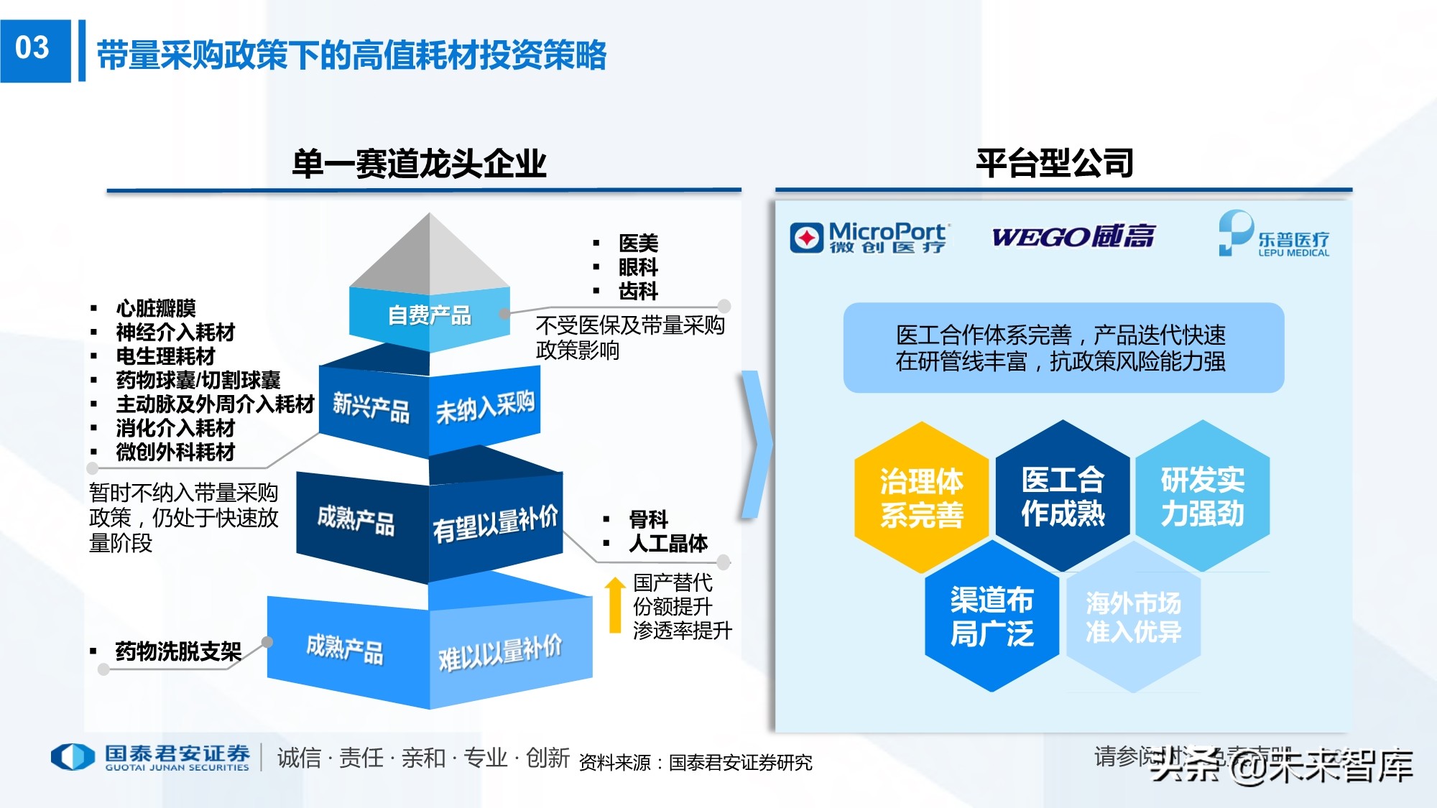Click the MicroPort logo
(x=870, y=237)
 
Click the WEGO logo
(x=1073, y=236)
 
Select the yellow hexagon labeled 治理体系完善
(x=921, y=497)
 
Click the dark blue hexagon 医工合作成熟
(x=1063, y=496)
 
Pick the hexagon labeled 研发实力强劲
(x=1203, y=496)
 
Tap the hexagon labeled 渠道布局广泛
(x=992, y=616)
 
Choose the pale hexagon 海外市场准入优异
(x=1133, y=617)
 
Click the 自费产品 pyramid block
(x=430, y=315)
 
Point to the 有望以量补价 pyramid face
(x=495, y=524)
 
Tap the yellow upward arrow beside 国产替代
(x=614, y=605)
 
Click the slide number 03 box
(x=33, y=49)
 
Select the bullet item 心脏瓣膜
(x=156, y=308)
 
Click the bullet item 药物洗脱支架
(x=178, y=651)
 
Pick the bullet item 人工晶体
(x=668, y=543)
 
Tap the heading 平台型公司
(x=1054, y=163)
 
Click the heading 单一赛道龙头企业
(x=419, y=164)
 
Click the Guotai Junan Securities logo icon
(x=73, y=757)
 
